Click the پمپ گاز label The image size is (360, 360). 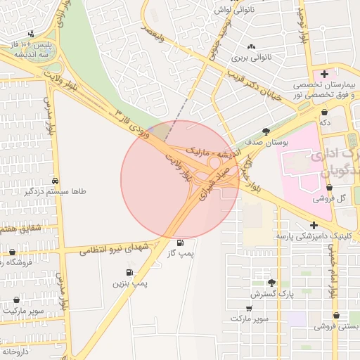pos(181,252)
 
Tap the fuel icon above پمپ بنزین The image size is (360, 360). pos(129,272)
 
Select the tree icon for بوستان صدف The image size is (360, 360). pos(266,131)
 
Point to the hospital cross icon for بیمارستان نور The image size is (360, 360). pos(324,74)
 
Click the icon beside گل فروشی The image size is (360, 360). pos(329,187)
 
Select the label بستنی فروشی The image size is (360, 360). pos(337,326)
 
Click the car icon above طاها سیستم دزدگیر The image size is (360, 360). pos(55,179)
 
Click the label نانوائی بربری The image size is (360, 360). pos(251,56)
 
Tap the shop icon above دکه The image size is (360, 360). pos(324,111)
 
